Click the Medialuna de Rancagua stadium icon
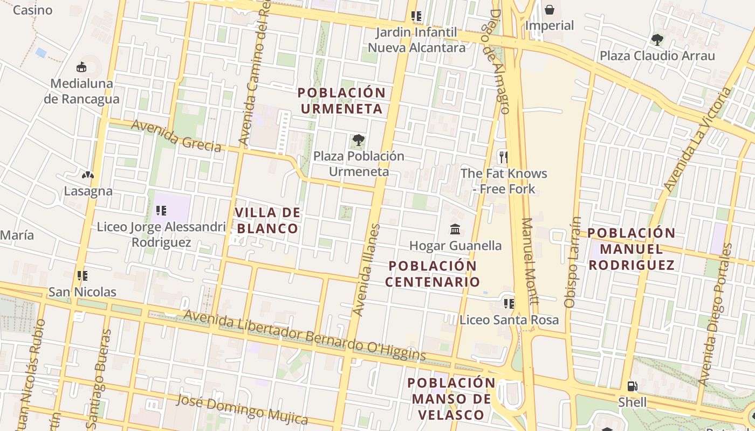click(81, 67)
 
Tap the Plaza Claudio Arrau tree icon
click(657, 39)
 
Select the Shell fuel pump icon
click(632, 386)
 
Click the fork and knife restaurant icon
click(503, 157)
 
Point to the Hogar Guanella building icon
click(455, 230)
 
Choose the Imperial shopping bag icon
click(549, 9)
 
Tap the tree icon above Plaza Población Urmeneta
click(358, 141)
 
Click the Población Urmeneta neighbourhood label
click(341, 101)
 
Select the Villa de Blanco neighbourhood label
click(267, 220)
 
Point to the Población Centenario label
click(433, 274)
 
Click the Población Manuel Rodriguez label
click(631, 249)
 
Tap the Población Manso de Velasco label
click(451, 399)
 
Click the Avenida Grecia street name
click(176, 135)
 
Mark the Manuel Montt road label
click(530, 261)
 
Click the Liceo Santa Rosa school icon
click(509, 304)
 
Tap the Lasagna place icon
click(87, 175)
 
